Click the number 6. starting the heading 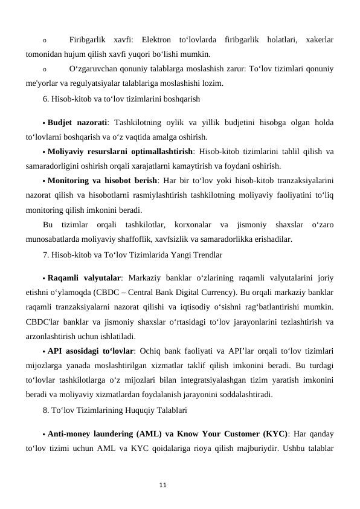[x=47, y=97]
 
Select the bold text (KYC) [x=272, y=434]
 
